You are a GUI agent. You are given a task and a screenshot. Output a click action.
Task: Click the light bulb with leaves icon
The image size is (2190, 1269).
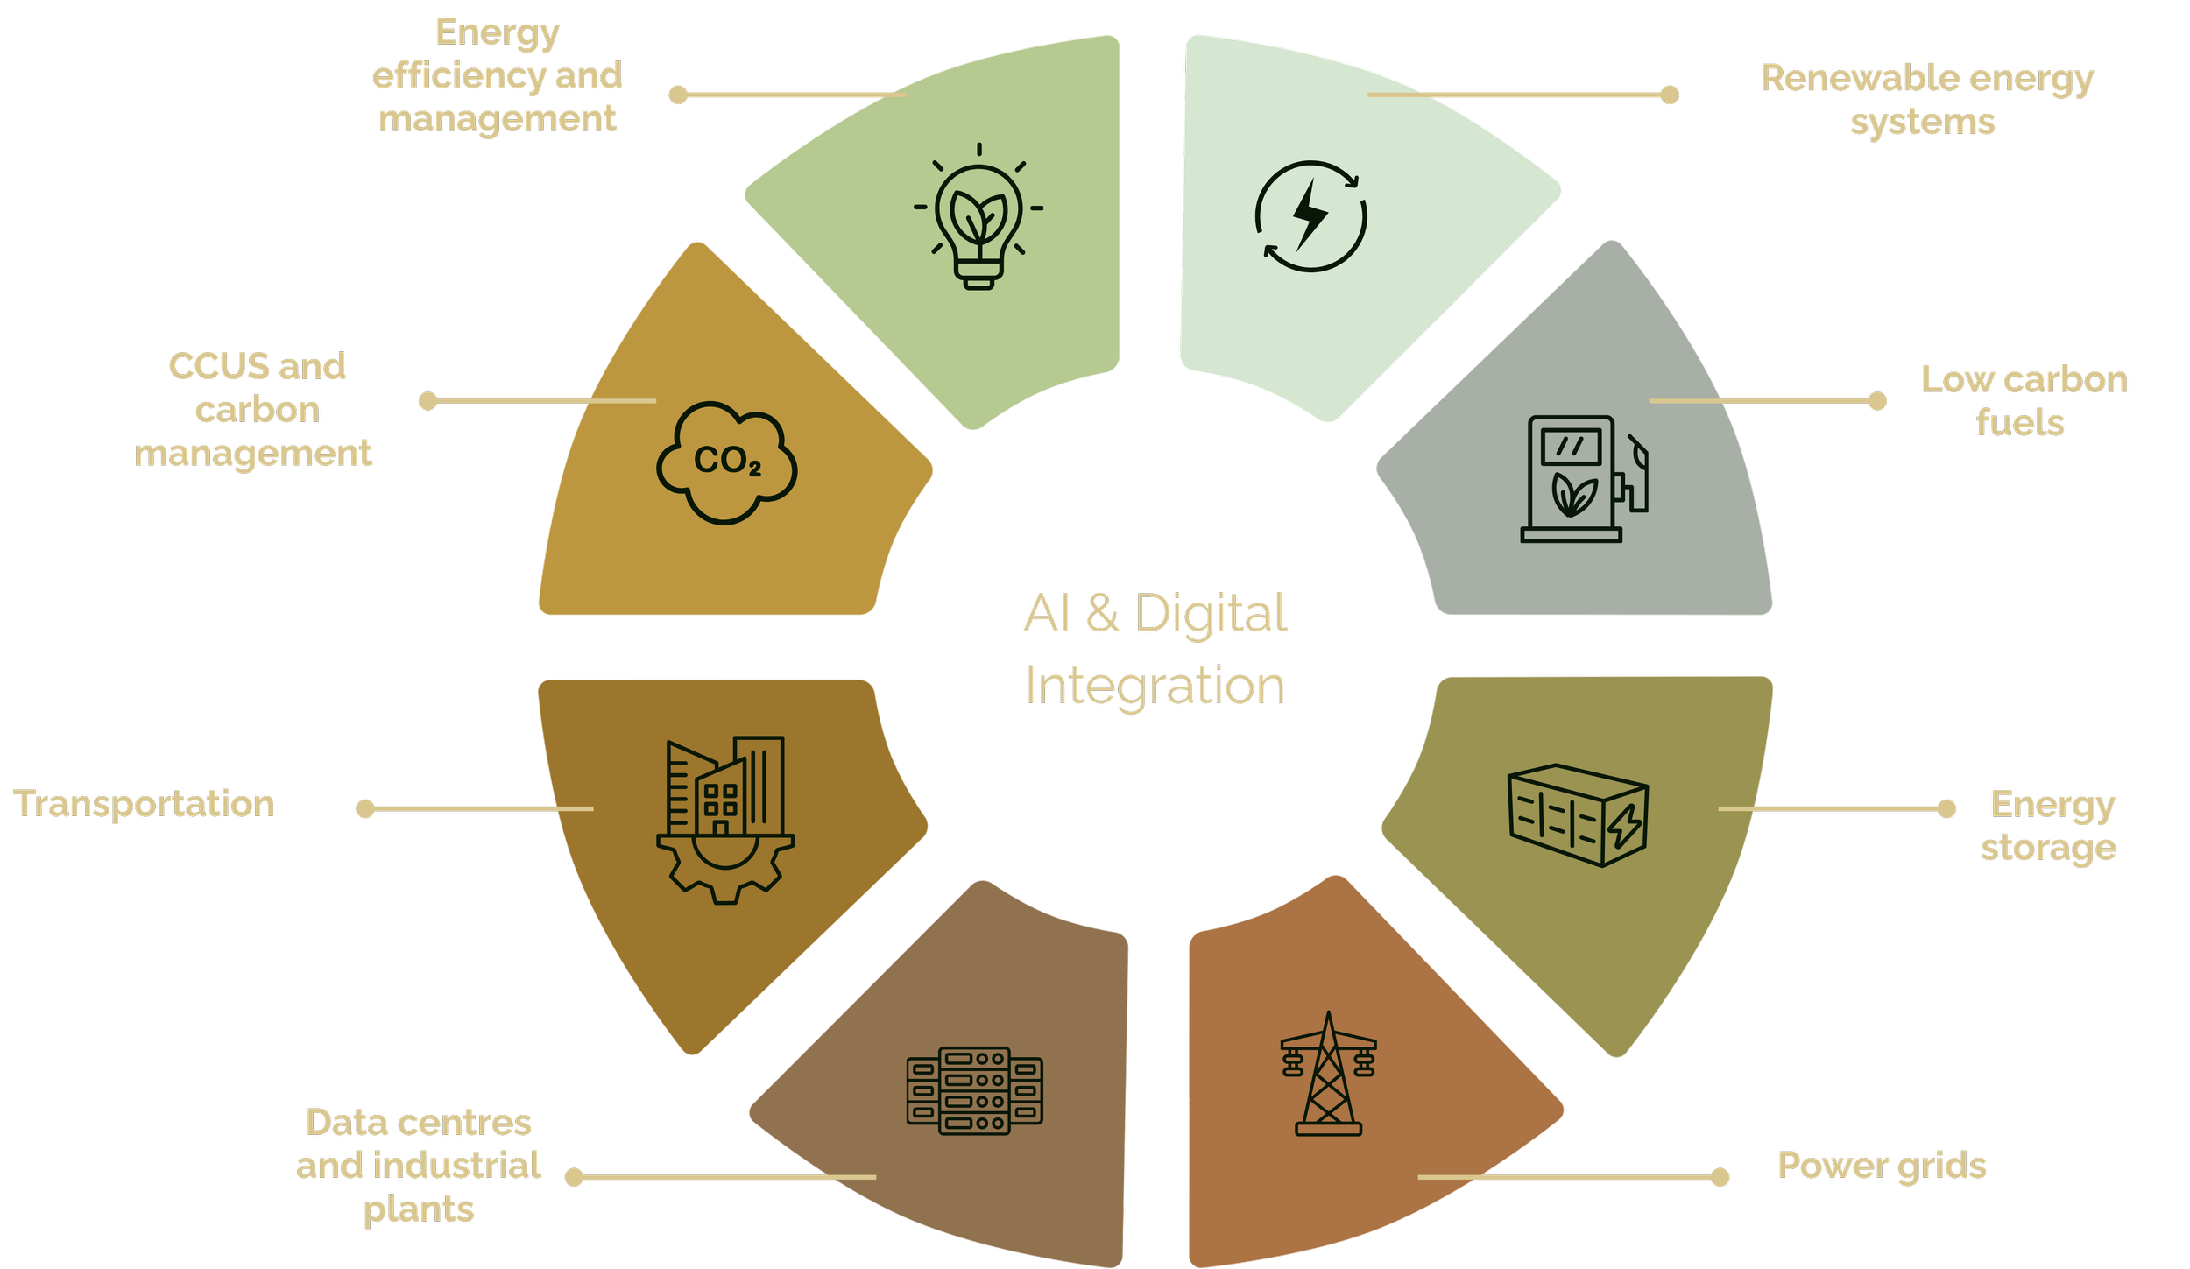pos(978,217)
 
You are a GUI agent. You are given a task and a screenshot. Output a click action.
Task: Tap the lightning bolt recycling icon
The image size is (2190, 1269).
pos(1310,216)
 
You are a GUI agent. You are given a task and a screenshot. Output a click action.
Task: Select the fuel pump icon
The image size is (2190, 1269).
pos(1583,478)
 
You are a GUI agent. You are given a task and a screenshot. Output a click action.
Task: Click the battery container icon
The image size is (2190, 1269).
pos(1578,815)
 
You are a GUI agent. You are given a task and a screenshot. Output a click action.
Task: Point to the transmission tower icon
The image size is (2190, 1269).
pos(1328,1075)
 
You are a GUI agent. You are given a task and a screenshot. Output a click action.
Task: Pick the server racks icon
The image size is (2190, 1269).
pos(974,1090)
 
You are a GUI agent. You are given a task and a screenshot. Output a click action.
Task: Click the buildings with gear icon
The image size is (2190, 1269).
pos(725,820)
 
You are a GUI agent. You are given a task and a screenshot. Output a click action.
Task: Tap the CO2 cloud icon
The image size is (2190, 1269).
pos(726,462)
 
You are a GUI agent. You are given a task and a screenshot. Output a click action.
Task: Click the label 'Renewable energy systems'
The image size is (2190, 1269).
pos(1926,100)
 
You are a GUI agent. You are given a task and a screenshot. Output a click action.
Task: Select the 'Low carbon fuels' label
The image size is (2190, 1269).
pos(2024,401)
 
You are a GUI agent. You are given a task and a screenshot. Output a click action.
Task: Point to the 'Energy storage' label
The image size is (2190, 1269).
pos(2050,826)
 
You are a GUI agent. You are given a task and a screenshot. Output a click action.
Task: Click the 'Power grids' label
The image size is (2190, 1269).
pos(1882,1166)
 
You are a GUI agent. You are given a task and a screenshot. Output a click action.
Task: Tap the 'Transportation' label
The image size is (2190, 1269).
pos(145,804)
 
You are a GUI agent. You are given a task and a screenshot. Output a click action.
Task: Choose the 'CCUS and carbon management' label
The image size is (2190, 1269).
pos(255,410)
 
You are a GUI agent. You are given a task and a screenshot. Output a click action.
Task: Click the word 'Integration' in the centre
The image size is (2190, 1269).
pos(1155,686)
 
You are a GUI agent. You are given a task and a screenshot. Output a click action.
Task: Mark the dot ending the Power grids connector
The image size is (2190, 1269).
pos(1720,1177)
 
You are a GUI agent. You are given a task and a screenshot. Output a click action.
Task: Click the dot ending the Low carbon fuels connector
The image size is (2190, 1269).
pos(1876,401)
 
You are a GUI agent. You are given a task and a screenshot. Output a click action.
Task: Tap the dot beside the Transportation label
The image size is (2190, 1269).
pos(365,808)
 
